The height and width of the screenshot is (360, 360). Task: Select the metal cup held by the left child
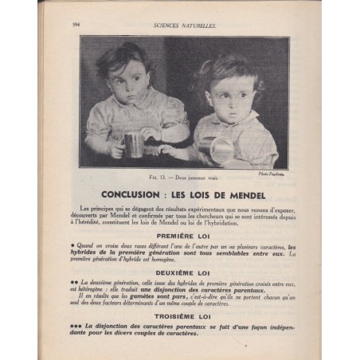tap(134, 144)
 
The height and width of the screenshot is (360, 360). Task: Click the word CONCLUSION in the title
tap(141, 193)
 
